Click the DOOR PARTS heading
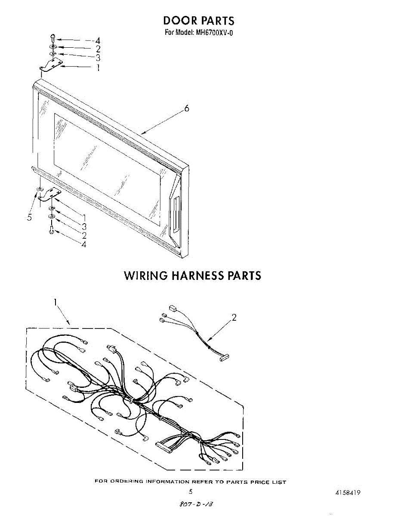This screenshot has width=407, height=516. click(x=198, y=20)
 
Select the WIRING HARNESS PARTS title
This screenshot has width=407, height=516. click(x=192, y=275)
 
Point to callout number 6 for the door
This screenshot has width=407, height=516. click(x=187, y=108)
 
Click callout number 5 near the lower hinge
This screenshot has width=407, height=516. click(x=29, y=218)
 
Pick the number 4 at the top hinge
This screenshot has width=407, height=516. click(x=98, y=41)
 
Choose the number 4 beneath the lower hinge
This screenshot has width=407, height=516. click(x=84, y=244)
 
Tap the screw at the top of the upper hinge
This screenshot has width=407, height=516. click(x=52, y=37)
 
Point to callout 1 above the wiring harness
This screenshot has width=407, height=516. click(x=55, y=302)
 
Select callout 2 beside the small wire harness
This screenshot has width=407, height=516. click(x=234, y=318)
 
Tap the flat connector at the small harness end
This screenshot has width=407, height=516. click(x=224, y=357)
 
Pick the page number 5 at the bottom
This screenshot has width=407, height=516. click(x=190, y=491)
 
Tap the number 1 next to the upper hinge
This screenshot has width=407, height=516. click(x=98, y=68)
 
